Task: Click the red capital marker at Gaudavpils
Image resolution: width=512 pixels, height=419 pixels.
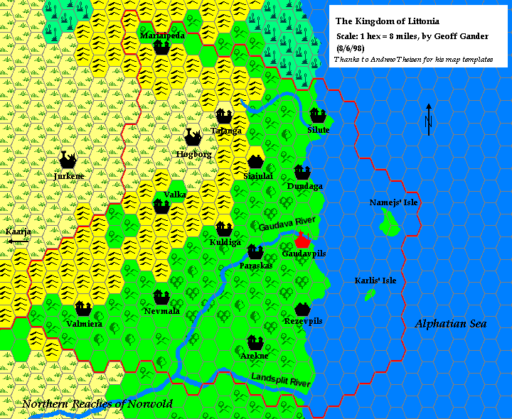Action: coord(302,239)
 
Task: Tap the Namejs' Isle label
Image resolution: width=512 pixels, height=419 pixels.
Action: coord(394,203)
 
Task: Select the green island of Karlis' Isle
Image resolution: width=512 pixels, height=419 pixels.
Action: coord(370,294)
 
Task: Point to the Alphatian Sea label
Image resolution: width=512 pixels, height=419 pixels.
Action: coord(451,324)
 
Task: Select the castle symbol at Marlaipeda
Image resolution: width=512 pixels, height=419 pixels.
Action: coord(161,48)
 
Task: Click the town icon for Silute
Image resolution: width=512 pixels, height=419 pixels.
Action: coord(317,115)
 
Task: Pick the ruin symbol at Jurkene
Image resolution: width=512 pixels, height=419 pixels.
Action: coord(69,159)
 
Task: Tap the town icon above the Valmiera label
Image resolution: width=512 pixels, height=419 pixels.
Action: coord(82,309)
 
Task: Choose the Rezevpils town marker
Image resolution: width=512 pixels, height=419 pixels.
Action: coord(302,309)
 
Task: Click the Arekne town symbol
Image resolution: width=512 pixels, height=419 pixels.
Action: coord(255,343)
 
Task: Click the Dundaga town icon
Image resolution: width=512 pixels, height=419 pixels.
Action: coord(302,173)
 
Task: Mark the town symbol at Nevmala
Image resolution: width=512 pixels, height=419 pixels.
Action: coord(161,298)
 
